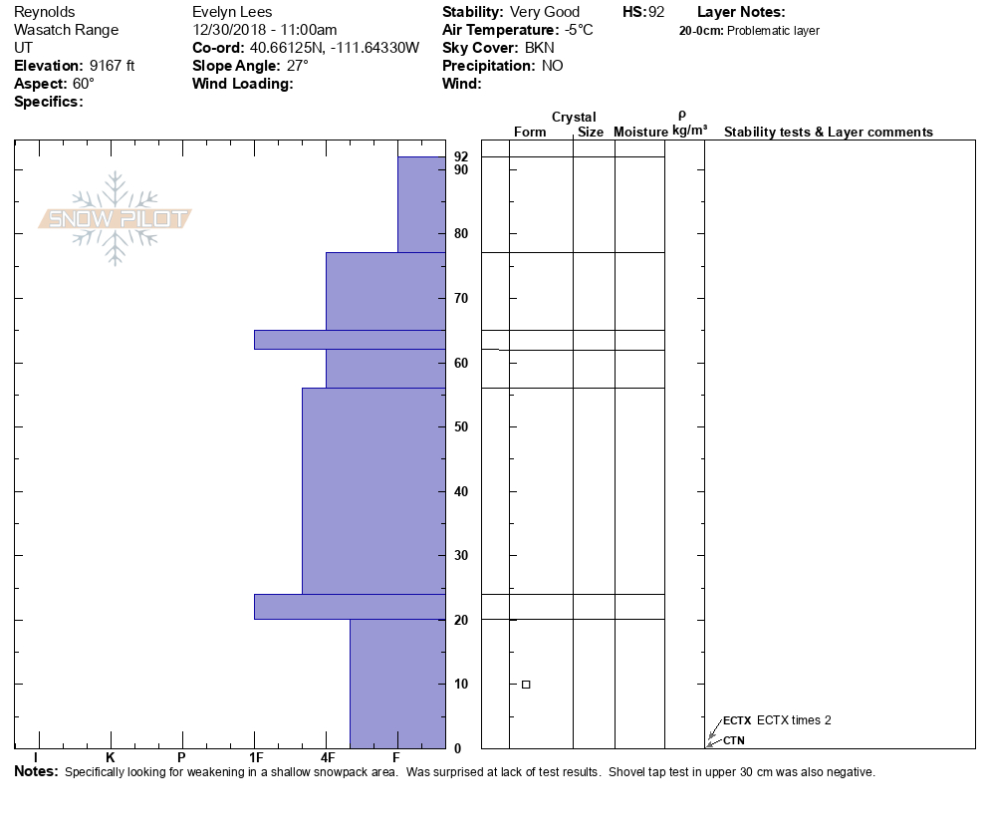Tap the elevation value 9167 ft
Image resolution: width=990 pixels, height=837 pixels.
pos(112,66)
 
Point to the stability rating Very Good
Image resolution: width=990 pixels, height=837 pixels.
pos(544,12)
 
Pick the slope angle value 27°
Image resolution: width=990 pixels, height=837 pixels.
pos(294,66)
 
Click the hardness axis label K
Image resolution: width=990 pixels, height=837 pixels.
pos(111,756)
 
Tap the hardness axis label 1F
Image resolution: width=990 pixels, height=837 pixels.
pos(255,756)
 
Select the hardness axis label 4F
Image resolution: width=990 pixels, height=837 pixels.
pos(327,756)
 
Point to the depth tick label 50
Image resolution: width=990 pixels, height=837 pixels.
pos(461,427)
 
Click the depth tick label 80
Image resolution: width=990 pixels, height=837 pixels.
pos(461,234)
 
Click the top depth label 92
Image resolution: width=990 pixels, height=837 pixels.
pos(461,156)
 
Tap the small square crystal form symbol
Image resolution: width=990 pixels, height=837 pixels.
pos(526,685)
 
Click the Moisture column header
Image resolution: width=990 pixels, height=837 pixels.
pos(640,133)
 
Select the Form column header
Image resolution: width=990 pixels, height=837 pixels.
pos(530,133)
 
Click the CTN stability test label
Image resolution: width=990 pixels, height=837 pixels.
pos(733,740)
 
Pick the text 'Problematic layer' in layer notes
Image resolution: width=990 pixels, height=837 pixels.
pos(774,31)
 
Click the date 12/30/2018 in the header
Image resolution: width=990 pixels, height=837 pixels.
pos(228,30)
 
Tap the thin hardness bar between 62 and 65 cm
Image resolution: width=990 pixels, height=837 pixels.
pos(349,340)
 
